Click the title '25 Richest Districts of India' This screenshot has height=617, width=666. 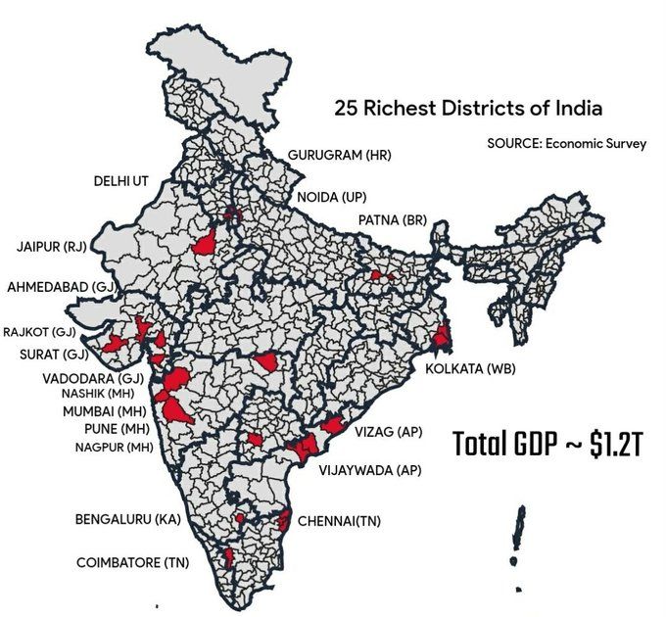(468, 108)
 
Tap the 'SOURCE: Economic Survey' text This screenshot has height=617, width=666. (566, 143)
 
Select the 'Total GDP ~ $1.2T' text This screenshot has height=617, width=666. (547, 444)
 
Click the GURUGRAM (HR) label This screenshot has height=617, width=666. (338, 156)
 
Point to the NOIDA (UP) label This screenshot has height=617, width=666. (330, 197)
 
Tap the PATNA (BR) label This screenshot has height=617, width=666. (393, 219)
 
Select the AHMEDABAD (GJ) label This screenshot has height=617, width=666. (61, 287)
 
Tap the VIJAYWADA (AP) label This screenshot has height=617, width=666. (369, 470)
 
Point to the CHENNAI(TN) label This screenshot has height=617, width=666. (338, 521)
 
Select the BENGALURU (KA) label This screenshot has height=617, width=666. (127, 519)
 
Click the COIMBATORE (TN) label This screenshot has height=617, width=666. (133, 563)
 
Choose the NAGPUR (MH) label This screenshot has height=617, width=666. (114, 447)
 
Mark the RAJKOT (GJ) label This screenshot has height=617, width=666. (39, 332)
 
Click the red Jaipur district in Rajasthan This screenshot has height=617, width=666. (206, 244)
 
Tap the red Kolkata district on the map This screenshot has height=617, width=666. (442, 338)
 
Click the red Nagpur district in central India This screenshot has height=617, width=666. (266, 362)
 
